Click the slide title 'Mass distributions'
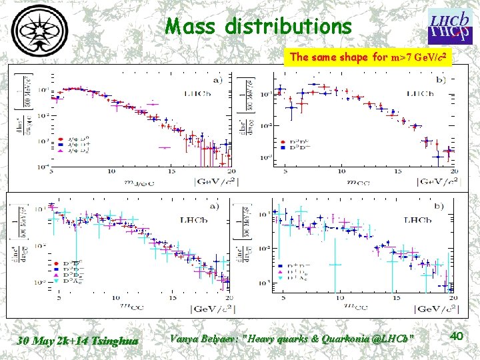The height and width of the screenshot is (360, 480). tap(259, 26)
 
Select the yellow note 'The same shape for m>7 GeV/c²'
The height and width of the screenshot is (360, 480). tap(371, 57)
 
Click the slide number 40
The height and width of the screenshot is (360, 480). tap(457, 337)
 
